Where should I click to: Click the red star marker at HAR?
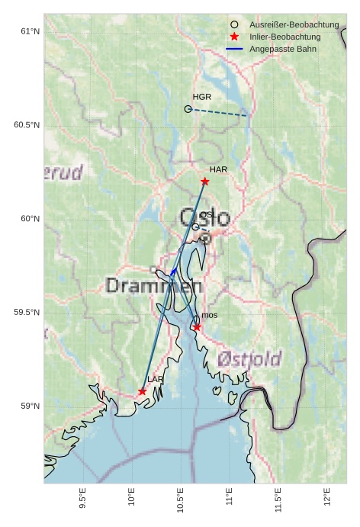[x=204, y=182]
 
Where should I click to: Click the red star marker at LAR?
[x=143, y=391]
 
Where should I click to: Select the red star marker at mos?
[x=197, y=327]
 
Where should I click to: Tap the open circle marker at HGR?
[x=188, y=109]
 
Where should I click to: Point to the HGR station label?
[x=202, y=98]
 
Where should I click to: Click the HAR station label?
[x=219, y=169]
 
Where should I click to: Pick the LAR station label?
[x=156, y=379]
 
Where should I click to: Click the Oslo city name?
[x=204, y=218]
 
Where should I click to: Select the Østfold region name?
[x=249, y=358]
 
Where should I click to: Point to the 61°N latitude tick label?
[x=29, y=31]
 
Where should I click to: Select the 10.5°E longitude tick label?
[x=181, y=500]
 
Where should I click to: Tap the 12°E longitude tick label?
[x=326, y=496]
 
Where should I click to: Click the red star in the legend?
[x=234, y=37]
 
